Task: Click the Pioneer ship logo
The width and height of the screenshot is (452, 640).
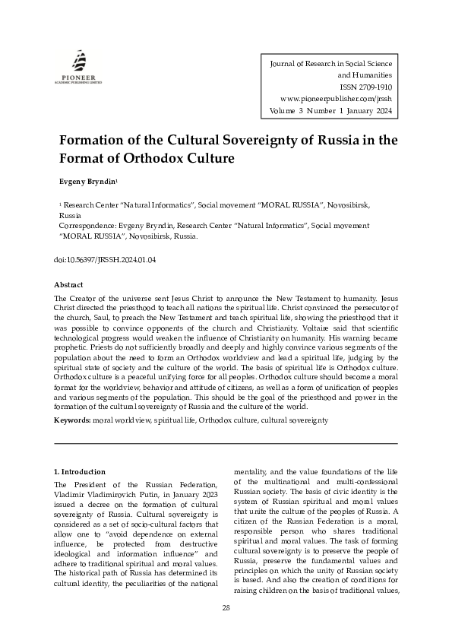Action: [79, 60]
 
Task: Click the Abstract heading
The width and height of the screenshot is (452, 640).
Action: [69, 284]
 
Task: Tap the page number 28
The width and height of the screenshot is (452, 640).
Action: [226, 607]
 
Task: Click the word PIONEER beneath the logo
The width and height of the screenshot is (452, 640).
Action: [79, 78]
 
